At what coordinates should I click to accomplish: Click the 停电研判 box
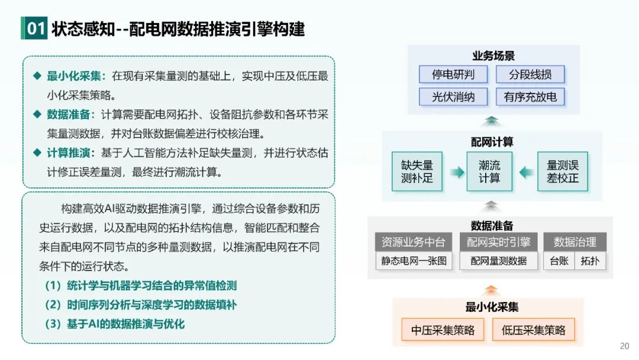(453, 74)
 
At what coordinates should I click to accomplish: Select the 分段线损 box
(530, 74)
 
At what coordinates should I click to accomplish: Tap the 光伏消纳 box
(453, 97)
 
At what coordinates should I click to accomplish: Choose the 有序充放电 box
(530, 97)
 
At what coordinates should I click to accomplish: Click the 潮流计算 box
(489, 172)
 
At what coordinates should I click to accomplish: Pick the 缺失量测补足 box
(417, 172)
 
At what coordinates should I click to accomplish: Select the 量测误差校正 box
(562, 172)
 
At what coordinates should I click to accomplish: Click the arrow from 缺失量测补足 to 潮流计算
(456, 172)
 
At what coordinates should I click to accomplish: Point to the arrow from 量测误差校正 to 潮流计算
(525, 172)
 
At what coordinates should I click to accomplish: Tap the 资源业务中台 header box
(414, 242)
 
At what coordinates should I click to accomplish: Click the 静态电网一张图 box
(414, 261)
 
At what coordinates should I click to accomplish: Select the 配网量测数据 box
(498, 261)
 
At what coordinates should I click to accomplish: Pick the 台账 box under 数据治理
(559, 261)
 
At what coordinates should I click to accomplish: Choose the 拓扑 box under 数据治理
(590, 261)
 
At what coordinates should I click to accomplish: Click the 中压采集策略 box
(443, 330)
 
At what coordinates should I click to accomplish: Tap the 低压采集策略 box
(533, 330)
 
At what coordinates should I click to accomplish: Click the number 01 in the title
(35, 29)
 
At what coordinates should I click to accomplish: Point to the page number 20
(624, 346)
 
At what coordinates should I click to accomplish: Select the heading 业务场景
(493, 56)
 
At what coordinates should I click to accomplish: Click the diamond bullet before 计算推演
(37, 152)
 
